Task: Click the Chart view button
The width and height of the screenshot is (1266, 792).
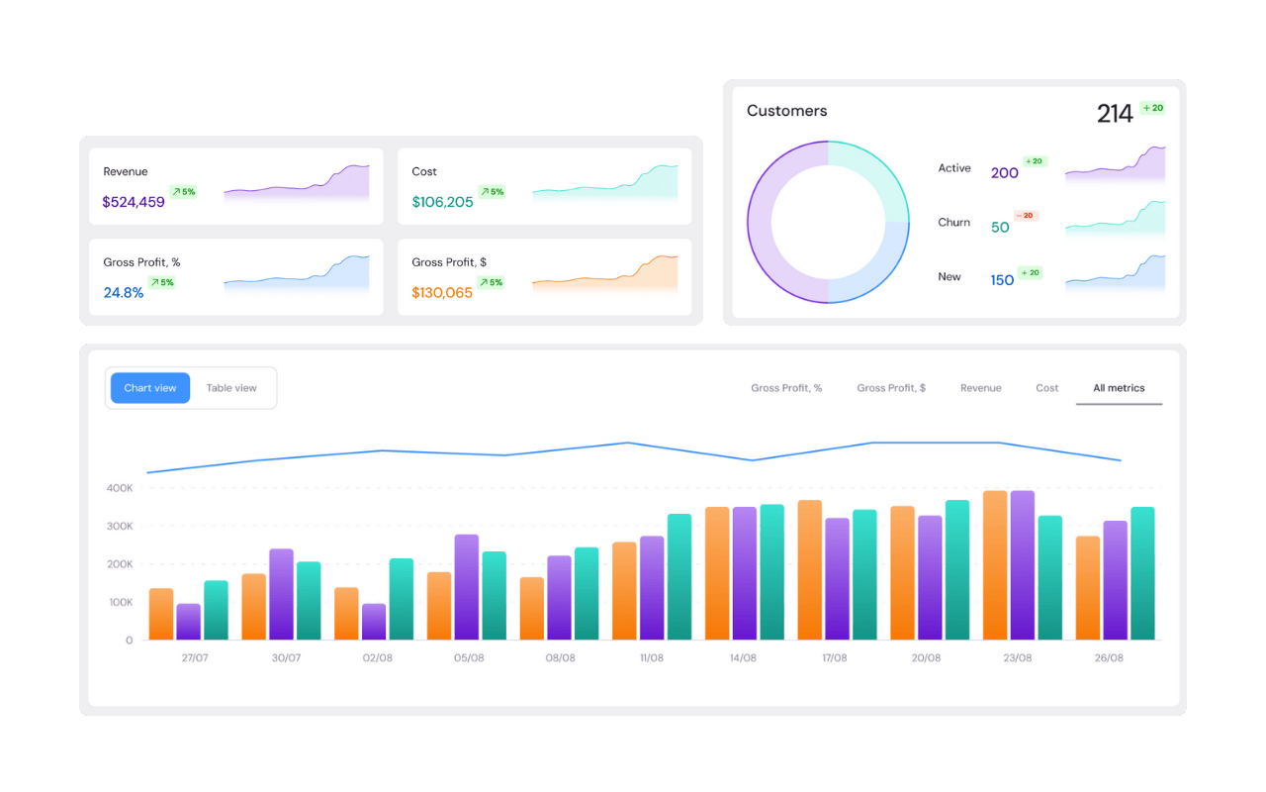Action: (150, 388)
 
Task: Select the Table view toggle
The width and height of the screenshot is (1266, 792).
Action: (231, 388)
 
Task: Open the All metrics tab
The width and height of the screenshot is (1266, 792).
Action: (1119, 388)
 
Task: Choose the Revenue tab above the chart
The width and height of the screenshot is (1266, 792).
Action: (980, 388)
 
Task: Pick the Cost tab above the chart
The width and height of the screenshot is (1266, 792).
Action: (1047, 388)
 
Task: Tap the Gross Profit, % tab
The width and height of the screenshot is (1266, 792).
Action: (786, 388)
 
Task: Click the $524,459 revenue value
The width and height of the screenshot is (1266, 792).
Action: (134, 202)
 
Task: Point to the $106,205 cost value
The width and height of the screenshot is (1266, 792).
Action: (442, 202)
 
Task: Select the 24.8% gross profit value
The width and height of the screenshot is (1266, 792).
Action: (124, 293)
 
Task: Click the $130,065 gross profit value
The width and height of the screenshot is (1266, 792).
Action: (442, 293)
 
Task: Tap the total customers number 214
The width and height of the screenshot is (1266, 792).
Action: (1115, 114)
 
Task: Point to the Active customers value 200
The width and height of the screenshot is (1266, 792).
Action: (1004, 173)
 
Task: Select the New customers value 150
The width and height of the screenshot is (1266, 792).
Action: (1002, 280)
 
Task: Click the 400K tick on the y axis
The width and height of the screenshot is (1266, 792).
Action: (119, 488)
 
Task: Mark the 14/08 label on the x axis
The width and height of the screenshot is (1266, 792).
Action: (743, 658)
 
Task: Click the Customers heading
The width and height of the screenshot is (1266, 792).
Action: (786, 111)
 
